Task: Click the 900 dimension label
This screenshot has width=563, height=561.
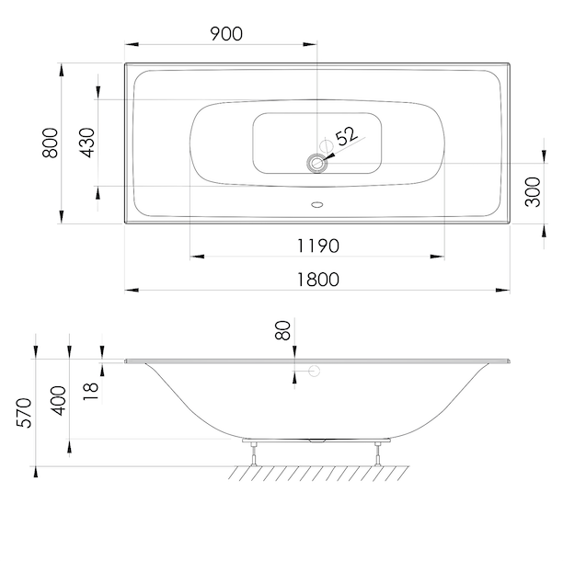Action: click(226, 34)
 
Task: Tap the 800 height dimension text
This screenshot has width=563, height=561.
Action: click(50, 143)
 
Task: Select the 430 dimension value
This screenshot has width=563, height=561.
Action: click(88, 143)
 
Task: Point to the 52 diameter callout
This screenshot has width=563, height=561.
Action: click(347, 136)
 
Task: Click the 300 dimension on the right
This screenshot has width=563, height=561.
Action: click(533, 192)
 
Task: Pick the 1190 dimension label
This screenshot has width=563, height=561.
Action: click(318, 246)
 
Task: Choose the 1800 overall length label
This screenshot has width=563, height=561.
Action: click(318, 280)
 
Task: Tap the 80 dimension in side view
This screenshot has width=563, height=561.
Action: click(282, 330)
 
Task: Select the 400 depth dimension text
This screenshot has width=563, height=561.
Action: click(58, 401)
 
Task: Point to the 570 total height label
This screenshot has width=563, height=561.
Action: click(25, 413)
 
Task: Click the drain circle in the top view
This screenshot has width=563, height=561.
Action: click(317, 164)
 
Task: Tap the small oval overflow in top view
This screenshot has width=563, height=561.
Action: click(317, 204)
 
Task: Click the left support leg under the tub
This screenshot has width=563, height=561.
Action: click(254, 454)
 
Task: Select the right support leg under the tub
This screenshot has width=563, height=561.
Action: click(377, 454)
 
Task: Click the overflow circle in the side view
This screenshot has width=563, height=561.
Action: click(315, 372)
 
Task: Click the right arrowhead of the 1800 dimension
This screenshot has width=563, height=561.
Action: click(502, 290)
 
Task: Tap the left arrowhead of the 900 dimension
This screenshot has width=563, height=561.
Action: click(132, 44)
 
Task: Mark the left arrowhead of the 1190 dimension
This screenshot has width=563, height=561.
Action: click(197, 257)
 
